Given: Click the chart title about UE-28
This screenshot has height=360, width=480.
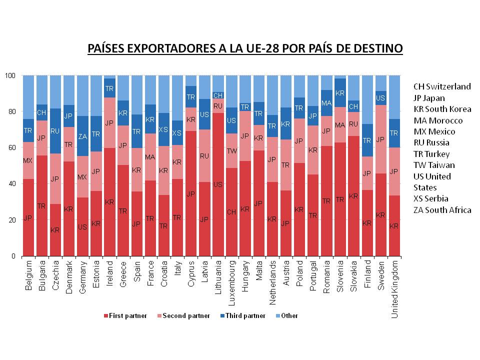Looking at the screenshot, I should point(245,48).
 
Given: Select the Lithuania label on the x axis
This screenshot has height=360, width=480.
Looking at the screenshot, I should point(217,275).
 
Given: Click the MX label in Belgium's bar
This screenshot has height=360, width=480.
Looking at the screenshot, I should point(28,160).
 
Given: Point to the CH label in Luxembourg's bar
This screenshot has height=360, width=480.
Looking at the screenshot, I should point(231,212).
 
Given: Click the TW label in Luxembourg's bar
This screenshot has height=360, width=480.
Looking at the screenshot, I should point(231,150).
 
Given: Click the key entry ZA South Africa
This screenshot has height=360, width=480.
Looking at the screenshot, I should point(442,210).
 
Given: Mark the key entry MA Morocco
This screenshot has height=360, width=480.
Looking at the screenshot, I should point(438,120).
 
